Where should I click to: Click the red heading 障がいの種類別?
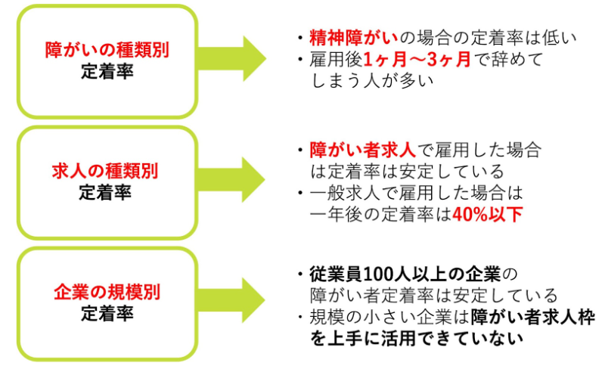(107, 50)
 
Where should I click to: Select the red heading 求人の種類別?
(105, 171)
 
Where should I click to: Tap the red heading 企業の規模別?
(107, 292)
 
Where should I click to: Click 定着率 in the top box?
(107, 71)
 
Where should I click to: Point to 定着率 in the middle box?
(105, 192)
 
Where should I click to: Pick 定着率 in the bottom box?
(107, 313)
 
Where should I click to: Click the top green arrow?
(232, 59)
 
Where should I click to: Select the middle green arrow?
(231, 179)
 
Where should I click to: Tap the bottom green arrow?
(231, 300)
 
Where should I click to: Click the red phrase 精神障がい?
(353, 38)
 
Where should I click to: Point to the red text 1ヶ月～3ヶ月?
(417, 60)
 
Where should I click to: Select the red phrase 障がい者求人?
(363, 150)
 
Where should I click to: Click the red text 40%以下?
(487, 215)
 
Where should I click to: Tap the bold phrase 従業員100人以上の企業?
(405, 274)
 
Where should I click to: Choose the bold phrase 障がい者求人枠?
(532, 318)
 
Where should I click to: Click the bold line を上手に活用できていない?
(417, 339)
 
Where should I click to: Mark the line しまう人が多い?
(372, 81)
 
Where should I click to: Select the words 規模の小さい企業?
(380, 318)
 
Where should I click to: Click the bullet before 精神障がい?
(300, 38)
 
